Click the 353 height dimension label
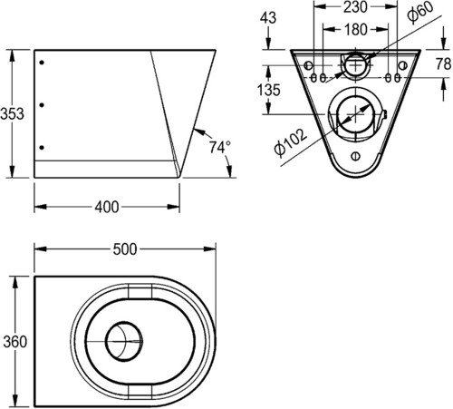coord(12,114)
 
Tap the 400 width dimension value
coord(107,207)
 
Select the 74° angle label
coord(220,148)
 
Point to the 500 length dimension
coord(125,249)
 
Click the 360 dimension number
coord(15,342)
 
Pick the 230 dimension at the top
coord(355,7)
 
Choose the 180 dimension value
coord(356,30)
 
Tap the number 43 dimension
coord(268,18)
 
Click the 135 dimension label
coord(269,90)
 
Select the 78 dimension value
coord(444,64)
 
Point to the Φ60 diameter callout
coord(419,12)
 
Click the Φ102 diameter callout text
coord(291,142)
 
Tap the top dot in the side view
coord(42,63)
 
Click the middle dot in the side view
coord(42,105)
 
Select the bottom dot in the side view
coord(42,148)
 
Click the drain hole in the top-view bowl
coord(124,341)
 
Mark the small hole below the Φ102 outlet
coord(355,156)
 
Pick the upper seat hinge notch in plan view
coord(140,290)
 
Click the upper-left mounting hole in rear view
coord(308,65)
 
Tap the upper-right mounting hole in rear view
coord(403,65)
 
